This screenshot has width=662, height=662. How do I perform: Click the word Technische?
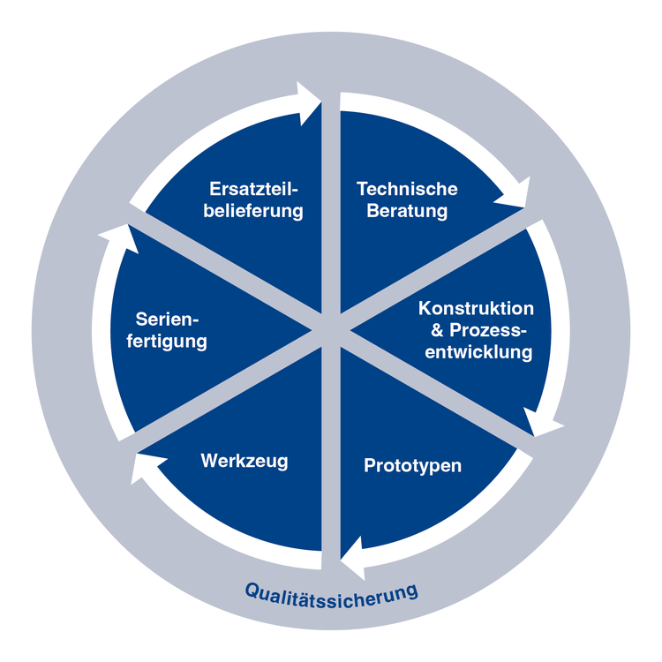click(407, 189)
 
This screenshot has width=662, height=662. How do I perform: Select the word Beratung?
click(407, 211)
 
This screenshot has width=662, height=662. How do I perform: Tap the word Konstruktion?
click(477, 309)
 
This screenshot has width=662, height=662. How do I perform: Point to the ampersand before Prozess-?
click(437, 330)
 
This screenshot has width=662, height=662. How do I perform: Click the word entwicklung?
click(478, 352)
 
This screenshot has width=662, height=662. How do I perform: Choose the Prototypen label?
click(412, 466)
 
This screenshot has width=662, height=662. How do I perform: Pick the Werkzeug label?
click(244, 461)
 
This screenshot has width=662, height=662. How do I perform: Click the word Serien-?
click(167, 320)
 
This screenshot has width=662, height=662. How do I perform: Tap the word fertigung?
click(167, 342)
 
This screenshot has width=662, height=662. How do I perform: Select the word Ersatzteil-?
click(253, 189)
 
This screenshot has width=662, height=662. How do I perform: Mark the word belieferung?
click(253, 211)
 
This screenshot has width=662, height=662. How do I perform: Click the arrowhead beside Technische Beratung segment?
click(515, 195)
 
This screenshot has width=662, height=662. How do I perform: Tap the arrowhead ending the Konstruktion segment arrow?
click(541, 423)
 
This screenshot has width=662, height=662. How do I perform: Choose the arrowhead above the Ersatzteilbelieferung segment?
click(307, 103)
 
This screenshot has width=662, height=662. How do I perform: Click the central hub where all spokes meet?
click(331, 331)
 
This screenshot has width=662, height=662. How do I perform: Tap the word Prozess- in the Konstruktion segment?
click(488, 330)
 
